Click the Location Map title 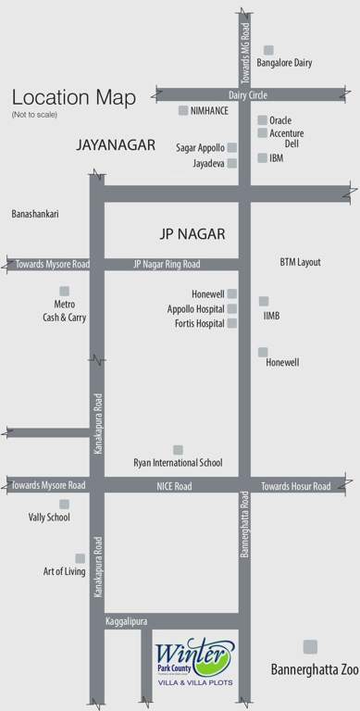(x=73, y=97)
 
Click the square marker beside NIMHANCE (x=183, y=110)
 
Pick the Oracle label (x=281, y=119)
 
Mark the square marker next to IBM (x=262, y=158)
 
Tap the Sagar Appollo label (x=200, y=147)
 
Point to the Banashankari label (x=34, y=214)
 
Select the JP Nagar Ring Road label (x=167, y=264)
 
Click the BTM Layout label (x=300, y=262)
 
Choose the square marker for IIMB (x=264, y=301)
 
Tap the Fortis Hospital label (x=199, y=323)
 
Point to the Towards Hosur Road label (x=296, y=485)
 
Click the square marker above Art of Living (x=80, y=558)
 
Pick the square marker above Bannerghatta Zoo (x=310, y=646)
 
